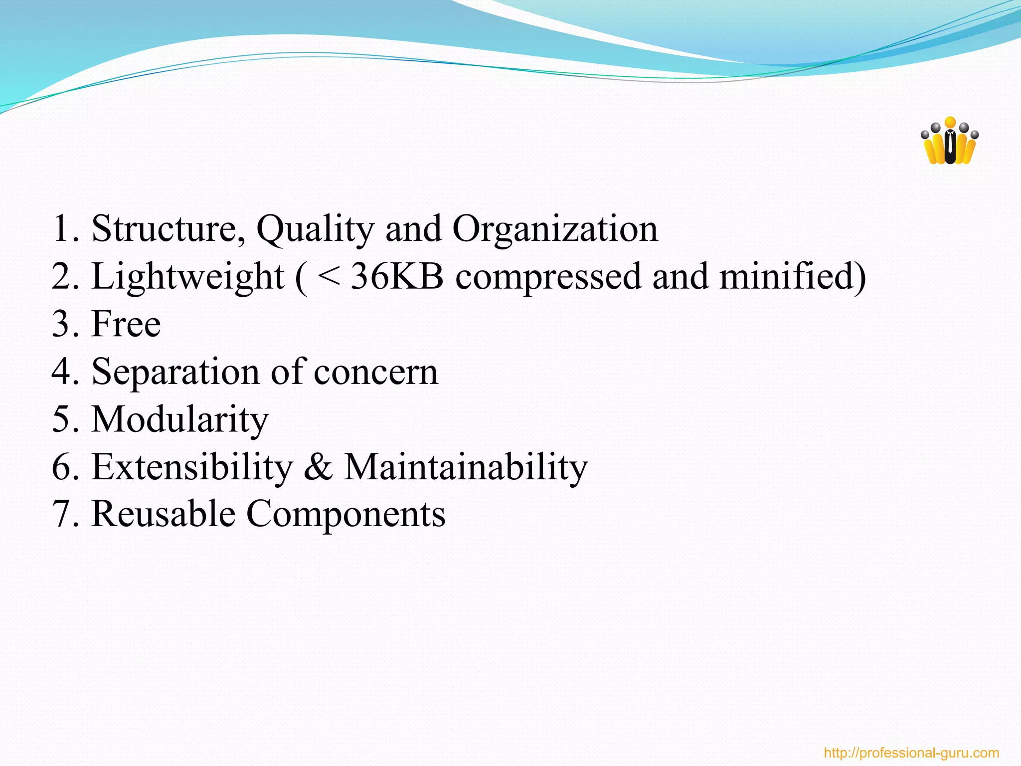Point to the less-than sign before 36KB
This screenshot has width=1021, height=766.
[x=329, y=276]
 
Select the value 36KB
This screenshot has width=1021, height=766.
[x=397, y=276]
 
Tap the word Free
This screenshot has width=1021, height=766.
[x=126, y=324]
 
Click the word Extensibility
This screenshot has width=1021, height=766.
[x=192, y=467]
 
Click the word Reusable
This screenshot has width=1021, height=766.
[x=164, y=514]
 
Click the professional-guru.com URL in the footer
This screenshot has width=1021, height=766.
[x=911, y=753]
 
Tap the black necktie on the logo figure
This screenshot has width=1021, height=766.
[x=950, y=144]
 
